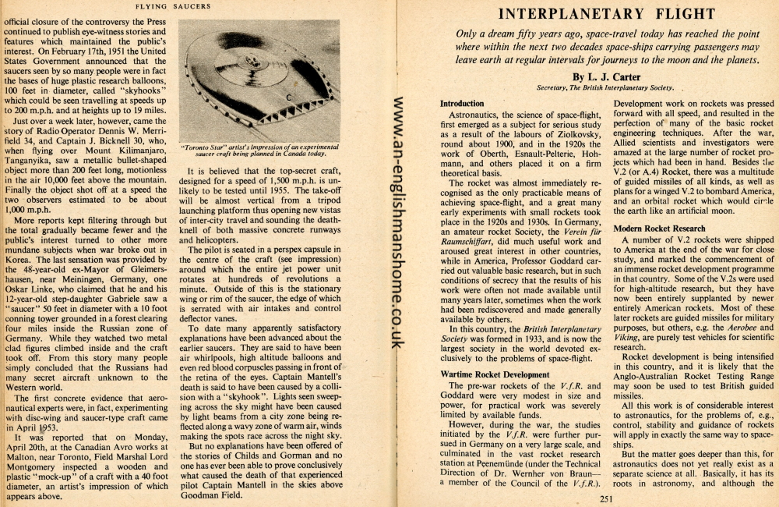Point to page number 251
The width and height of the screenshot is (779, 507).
click(x=607, y=498)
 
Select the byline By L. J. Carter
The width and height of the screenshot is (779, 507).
click(x=605, y=77)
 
